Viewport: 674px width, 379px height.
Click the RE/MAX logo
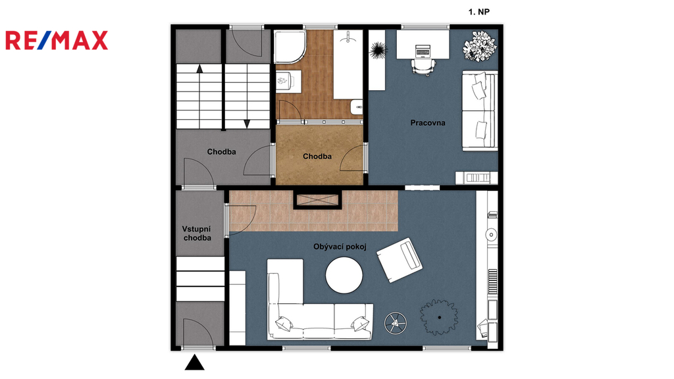coord(57,40)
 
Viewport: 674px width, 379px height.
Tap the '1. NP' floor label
coord(479,12)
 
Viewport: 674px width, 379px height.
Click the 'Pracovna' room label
coord(428,123)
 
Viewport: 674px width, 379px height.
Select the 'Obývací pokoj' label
coord(340,247)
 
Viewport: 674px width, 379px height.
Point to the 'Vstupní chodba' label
coord(197,234)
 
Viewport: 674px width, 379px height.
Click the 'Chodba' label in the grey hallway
coord(221,152)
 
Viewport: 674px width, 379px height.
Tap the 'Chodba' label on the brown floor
coord(317,157)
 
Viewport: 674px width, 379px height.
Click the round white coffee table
coord(344,276)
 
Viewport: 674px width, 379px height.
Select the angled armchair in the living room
coord(400,260)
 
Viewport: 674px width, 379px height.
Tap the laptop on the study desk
coord(423,51)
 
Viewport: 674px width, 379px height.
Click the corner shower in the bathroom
coord(290,47)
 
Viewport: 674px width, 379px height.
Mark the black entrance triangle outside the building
coord(194,363)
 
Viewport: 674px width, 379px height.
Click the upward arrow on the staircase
coord(199,68)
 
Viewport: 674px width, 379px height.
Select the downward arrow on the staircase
coord(247,124)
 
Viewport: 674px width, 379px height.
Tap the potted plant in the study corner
coord(480,46)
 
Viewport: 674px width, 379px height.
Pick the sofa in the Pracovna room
coord(480,111)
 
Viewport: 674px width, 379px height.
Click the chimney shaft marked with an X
coord(317,200)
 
